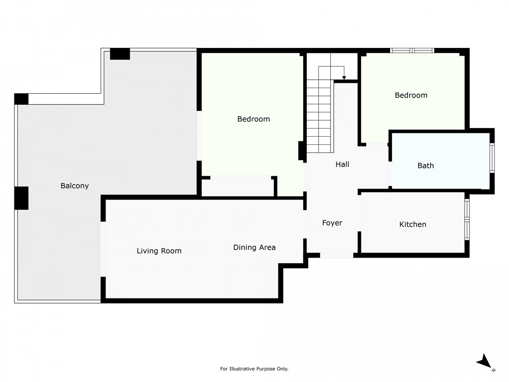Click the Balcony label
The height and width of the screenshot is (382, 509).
pos(75,185)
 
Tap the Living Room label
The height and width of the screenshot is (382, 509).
pos(159,251)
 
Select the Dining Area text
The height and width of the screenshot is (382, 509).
pos(255,247)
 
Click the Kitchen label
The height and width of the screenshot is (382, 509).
pos(413,224)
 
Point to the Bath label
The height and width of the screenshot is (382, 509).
pos(425,166)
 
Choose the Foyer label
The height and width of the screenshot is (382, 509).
pos(332,223)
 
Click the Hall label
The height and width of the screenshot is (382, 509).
pos(342,164)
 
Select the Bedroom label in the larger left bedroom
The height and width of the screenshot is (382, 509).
pos(254,119)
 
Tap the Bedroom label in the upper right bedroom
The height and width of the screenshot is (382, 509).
pos(411,95)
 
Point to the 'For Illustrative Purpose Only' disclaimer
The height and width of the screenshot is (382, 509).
pos(254,369)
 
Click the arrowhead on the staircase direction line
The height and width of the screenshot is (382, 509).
pos(344,78)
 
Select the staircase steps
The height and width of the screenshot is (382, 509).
pos(319,115)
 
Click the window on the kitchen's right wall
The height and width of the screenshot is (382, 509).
pos(467,219)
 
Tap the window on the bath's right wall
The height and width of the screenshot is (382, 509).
pos(492,158)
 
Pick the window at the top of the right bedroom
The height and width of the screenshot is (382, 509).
pos(412,51)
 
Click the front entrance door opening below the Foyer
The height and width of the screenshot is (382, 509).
pos(336,255)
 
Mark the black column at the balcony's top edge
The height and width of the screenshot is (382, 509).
pos(120,54)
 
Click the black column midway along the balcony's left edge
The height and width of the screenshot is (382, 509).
pos(21,198)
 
